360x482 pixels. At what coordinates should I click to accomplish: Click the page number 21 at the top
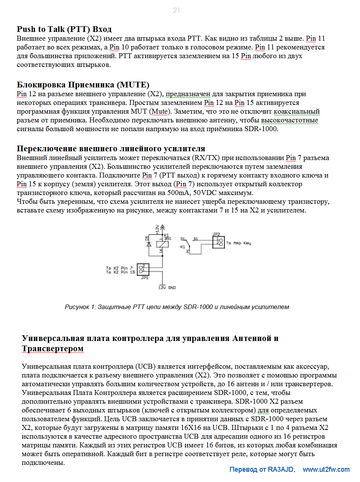pyautogui.click(x=176, y=11)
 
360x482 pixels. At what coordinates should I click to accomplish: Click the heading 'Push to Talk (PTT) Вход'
pyautogui.click(x=64, y=29)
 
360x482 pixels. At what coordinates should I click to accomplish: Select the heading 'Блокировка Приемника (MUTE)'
pyautogui.click(x=83, y=84)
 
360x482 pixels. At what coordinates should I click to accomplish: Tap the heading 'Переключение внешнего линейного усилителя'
pyautogui.click(x=111, y=148)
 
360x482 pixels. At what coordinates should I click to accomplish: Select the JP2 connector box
pyautogui.click(x=218, y=242)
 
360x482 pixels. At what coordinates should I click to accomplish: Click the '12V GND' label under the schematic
pyautogui.click(x=167, y=288)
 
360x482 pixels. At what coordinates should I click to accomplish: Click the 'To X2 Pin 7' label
pyautogui.click(x=119, y=268)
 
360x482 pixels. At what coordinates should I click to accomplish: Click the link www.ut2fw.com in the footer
pyautogui.click(x=326, y=469)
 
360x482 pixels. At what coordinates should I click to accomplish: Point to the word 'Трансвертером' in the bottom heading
pyautogui.click(x=52, y=349)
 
